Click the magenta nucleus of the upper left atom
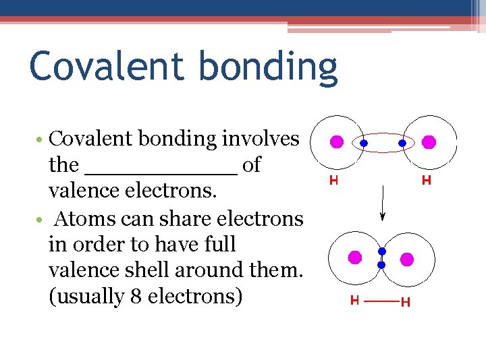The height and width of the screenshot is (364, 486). point(336,142)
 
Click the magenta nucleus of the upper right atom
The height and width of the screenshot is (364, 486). point(428,142)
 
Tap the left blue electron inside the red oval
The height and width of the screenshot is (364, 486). point(363,144)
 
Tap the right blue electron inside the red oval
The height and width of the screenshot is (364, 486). point(402,144)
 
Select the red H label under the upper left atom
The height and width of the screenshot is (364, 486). point(333,180)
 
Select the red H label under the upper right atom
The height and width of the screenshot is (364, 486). point(427,180)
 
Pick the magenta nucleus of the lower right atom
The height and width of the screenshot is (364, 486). point(406,259)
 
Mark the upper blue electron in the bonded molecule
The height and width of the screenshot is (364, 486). point(381,251)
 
